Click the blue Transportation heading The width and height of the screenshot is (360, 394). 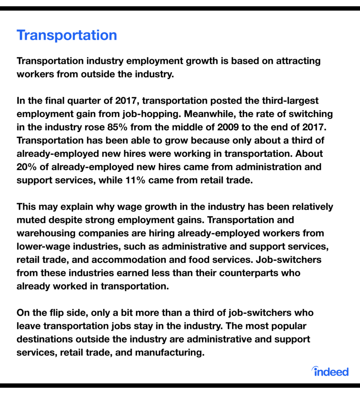67,35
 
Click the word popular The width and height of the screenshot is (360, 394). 288,326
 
